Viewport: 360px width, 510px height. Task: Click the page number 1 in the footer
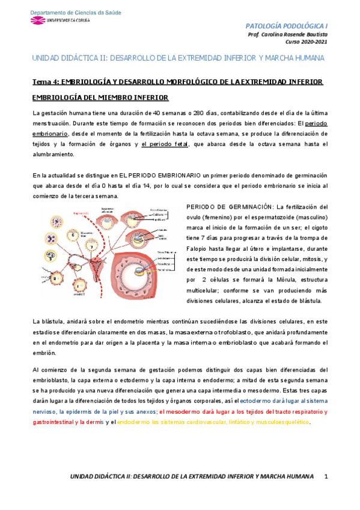[x=326, y=476]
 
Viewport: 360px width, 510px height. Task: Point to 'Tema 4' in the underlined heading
[x=44, y=81]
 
